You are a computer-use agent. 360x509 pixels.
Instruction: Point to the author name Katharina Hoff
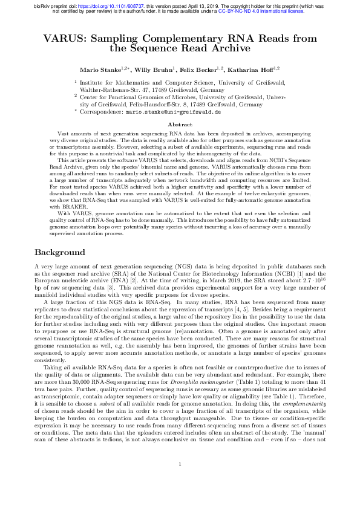pos(257,70)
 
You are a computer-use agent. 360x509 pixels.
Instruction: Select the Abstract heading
pos(180,124)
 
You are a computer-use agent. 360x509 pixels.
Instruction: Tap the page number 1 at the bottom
pos(180,481)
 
